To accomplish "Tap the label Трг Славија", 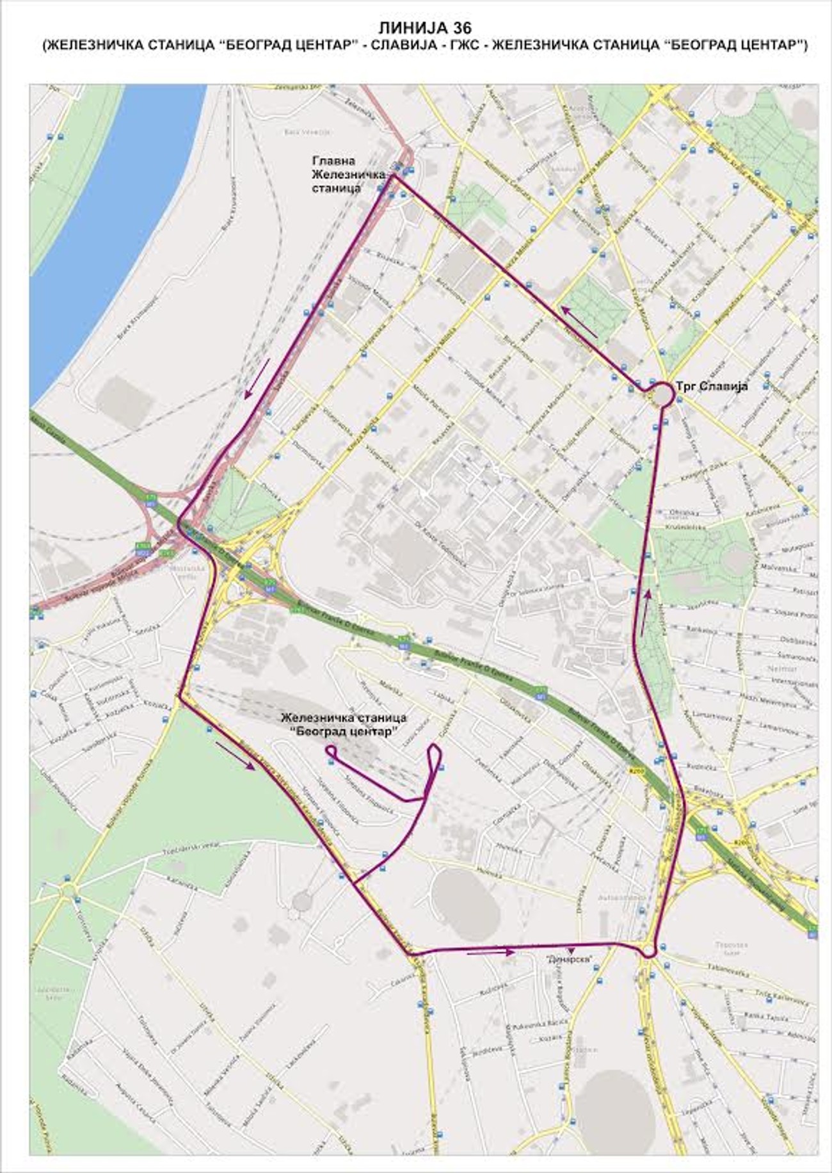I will pyautogui.click(x=712, y=386).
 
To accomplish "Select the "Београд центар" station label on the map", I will pyautogui.click(x=344, y=725).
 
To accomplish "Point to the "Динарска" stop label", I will pyautogui.click(x=568, y=958).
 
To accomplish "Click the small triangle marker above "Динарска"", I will pyautogui.click(x=572, y=950).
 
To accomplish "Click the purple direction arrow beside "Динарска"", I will pyautogui.click(x=491, y=952).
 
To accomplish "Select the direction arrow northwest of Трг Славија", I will pyautogui.click(x=580, y=321).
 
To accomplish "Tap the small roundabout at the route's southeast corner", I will pyautogui.click(x=648, y=951).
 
